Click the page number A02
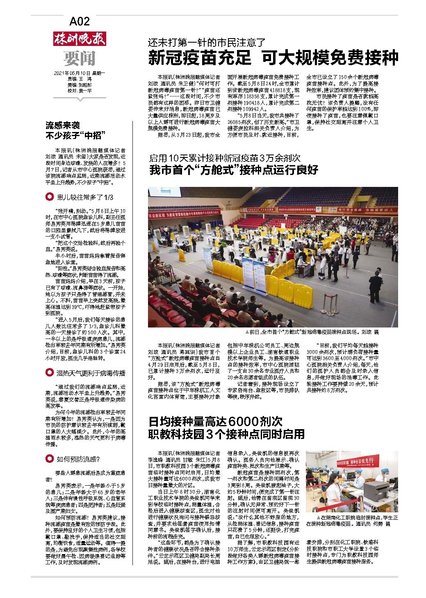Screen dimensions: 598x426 [80, 21]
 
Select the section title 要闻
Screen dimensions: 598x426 [80, 58]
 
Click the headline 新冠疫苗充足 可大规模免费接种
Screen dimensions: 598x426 [273, 58]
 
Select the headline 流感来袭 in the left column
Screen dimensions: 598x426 [63, 125]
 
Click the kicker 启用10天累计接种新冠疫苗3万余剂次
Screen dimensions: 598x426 [225, 157]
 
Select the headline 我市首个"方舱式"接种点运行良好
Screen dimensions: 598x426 [233, 170]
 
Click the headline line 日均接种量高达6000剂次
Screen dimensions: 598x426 [215, 421]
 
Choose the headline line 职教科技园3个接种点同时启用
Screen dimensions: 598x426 [226, 434]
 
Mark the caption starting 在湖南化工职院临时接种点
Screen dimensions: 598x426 [352, 521]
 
